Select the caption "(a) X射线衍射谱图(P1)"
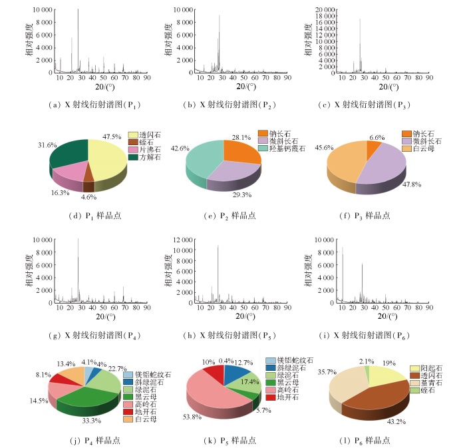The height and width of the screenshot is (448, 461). pyautogui.click(x=96, y=105)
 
